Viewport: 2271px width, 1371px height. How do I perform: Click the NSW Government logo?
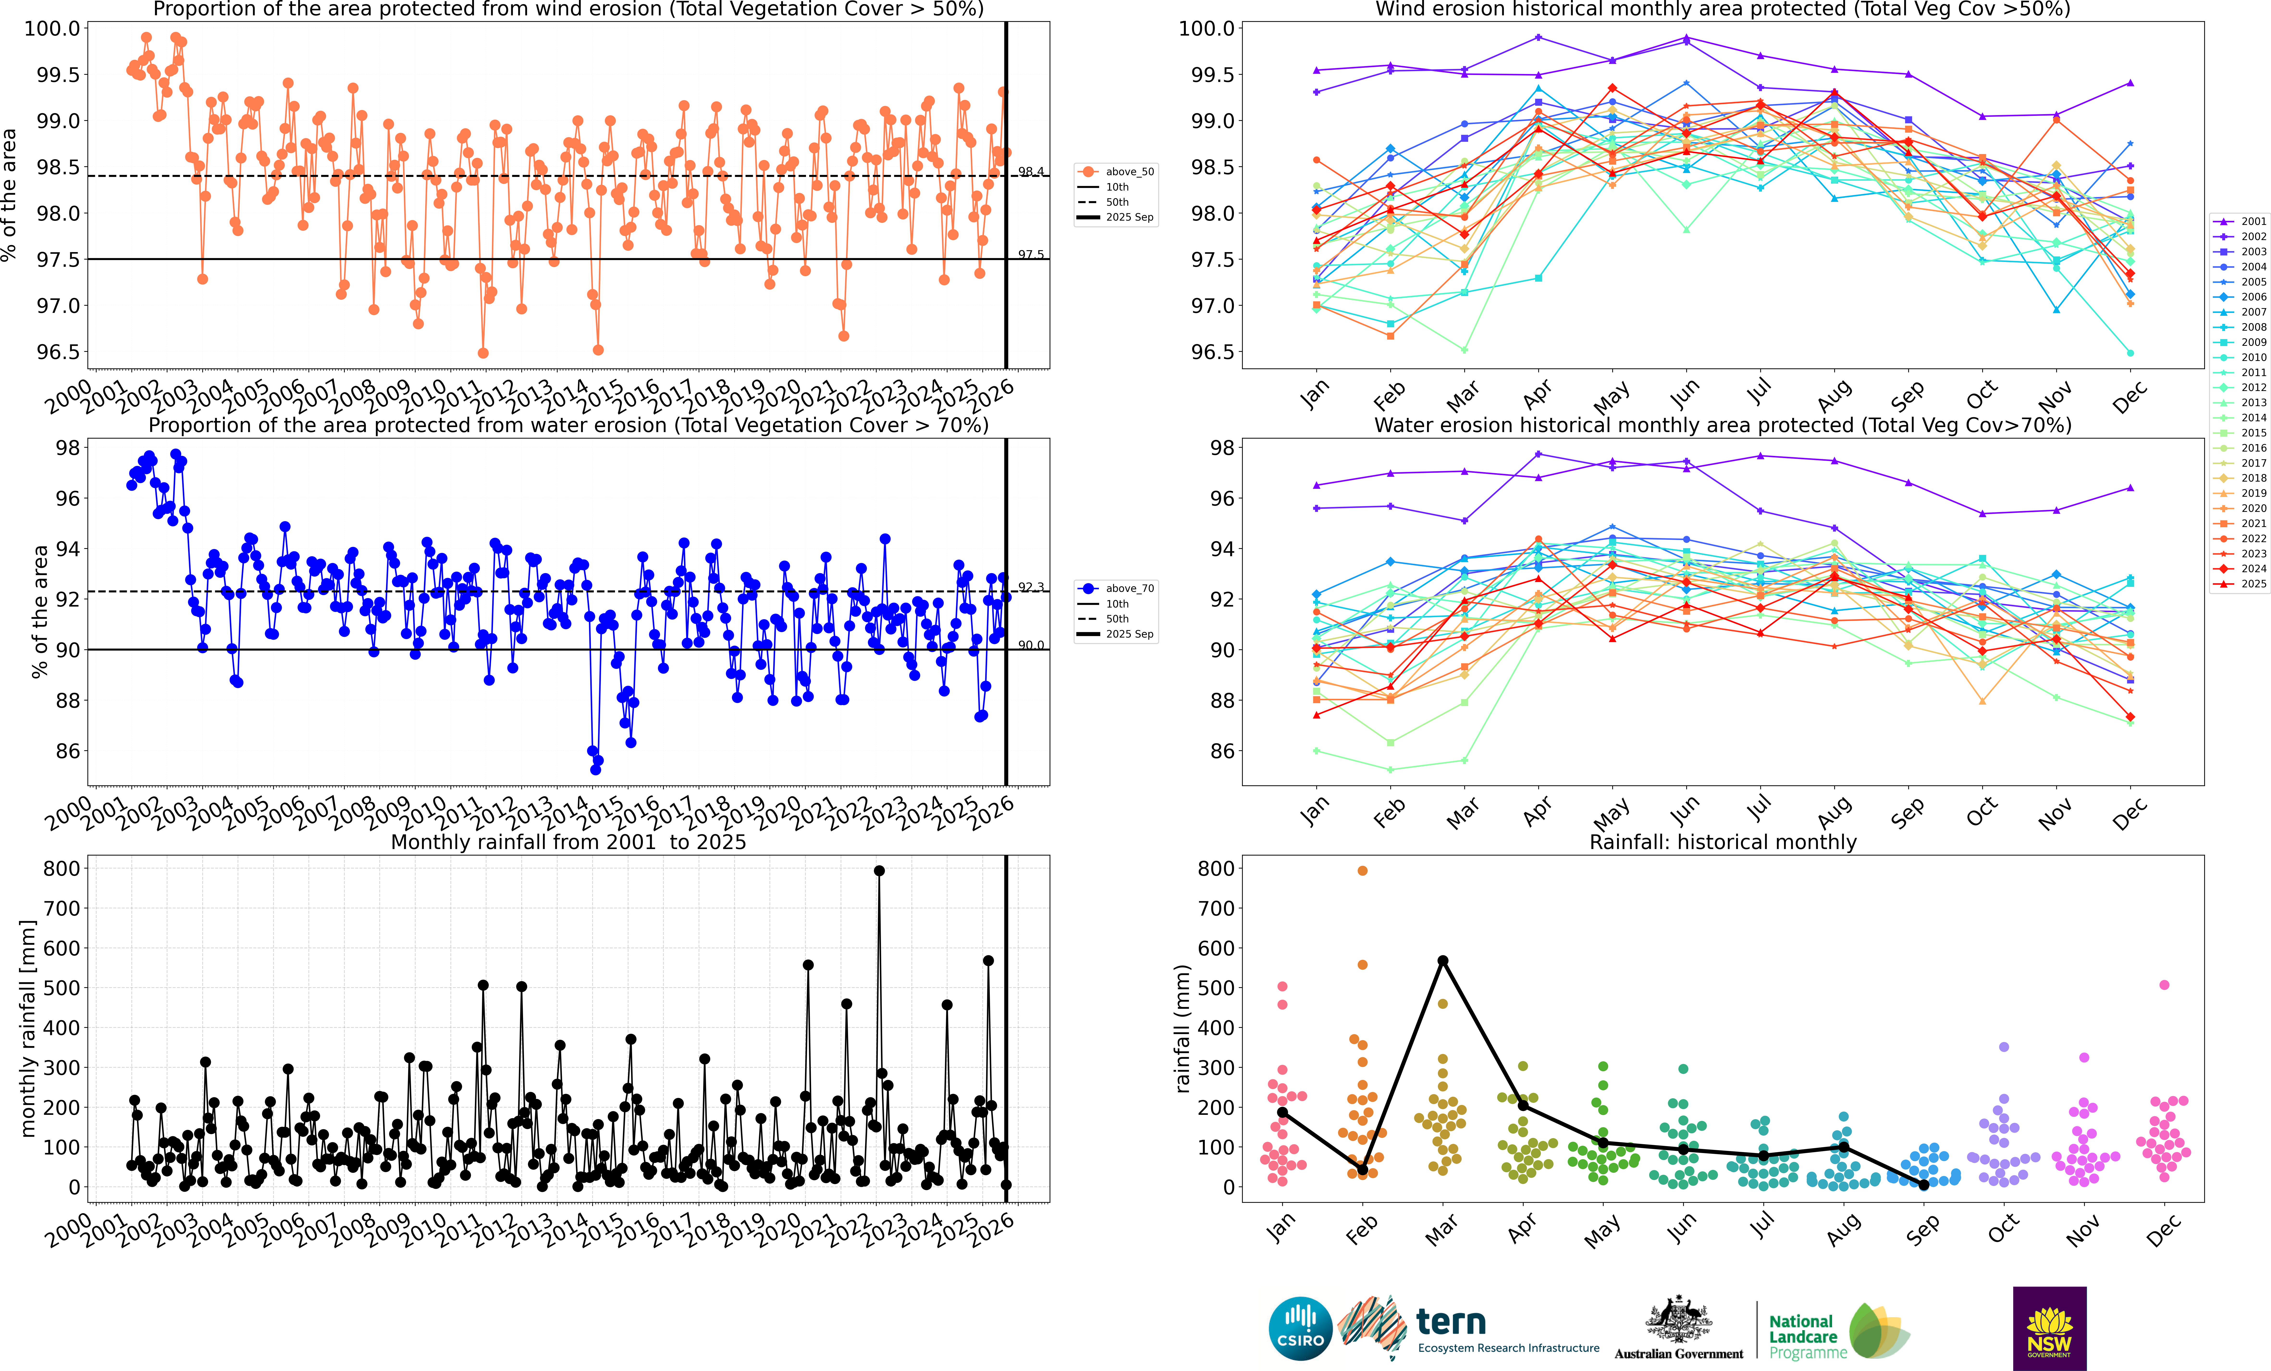pos(2049,1329)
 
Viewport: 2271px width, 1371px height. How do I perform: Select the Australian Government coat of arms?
pos(1678,1318)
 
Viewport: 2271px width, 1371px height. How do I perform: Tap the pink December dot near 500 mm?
pos(2164,985)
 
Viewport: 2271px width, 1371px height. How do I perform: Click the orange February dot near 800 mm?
pos(1362,870)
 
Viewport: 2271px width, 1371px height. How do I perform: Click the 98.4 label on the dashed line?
pos(1030,172)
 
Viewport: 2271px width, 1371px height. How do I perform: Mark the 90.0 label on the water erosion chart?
pos(1030,645)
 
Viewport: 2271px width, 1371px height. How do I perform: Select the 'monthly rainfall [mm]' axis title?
pos(28,1028)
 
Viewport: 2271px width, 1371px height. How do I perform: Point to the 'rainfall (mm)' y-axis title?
pos(1182,1028)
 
